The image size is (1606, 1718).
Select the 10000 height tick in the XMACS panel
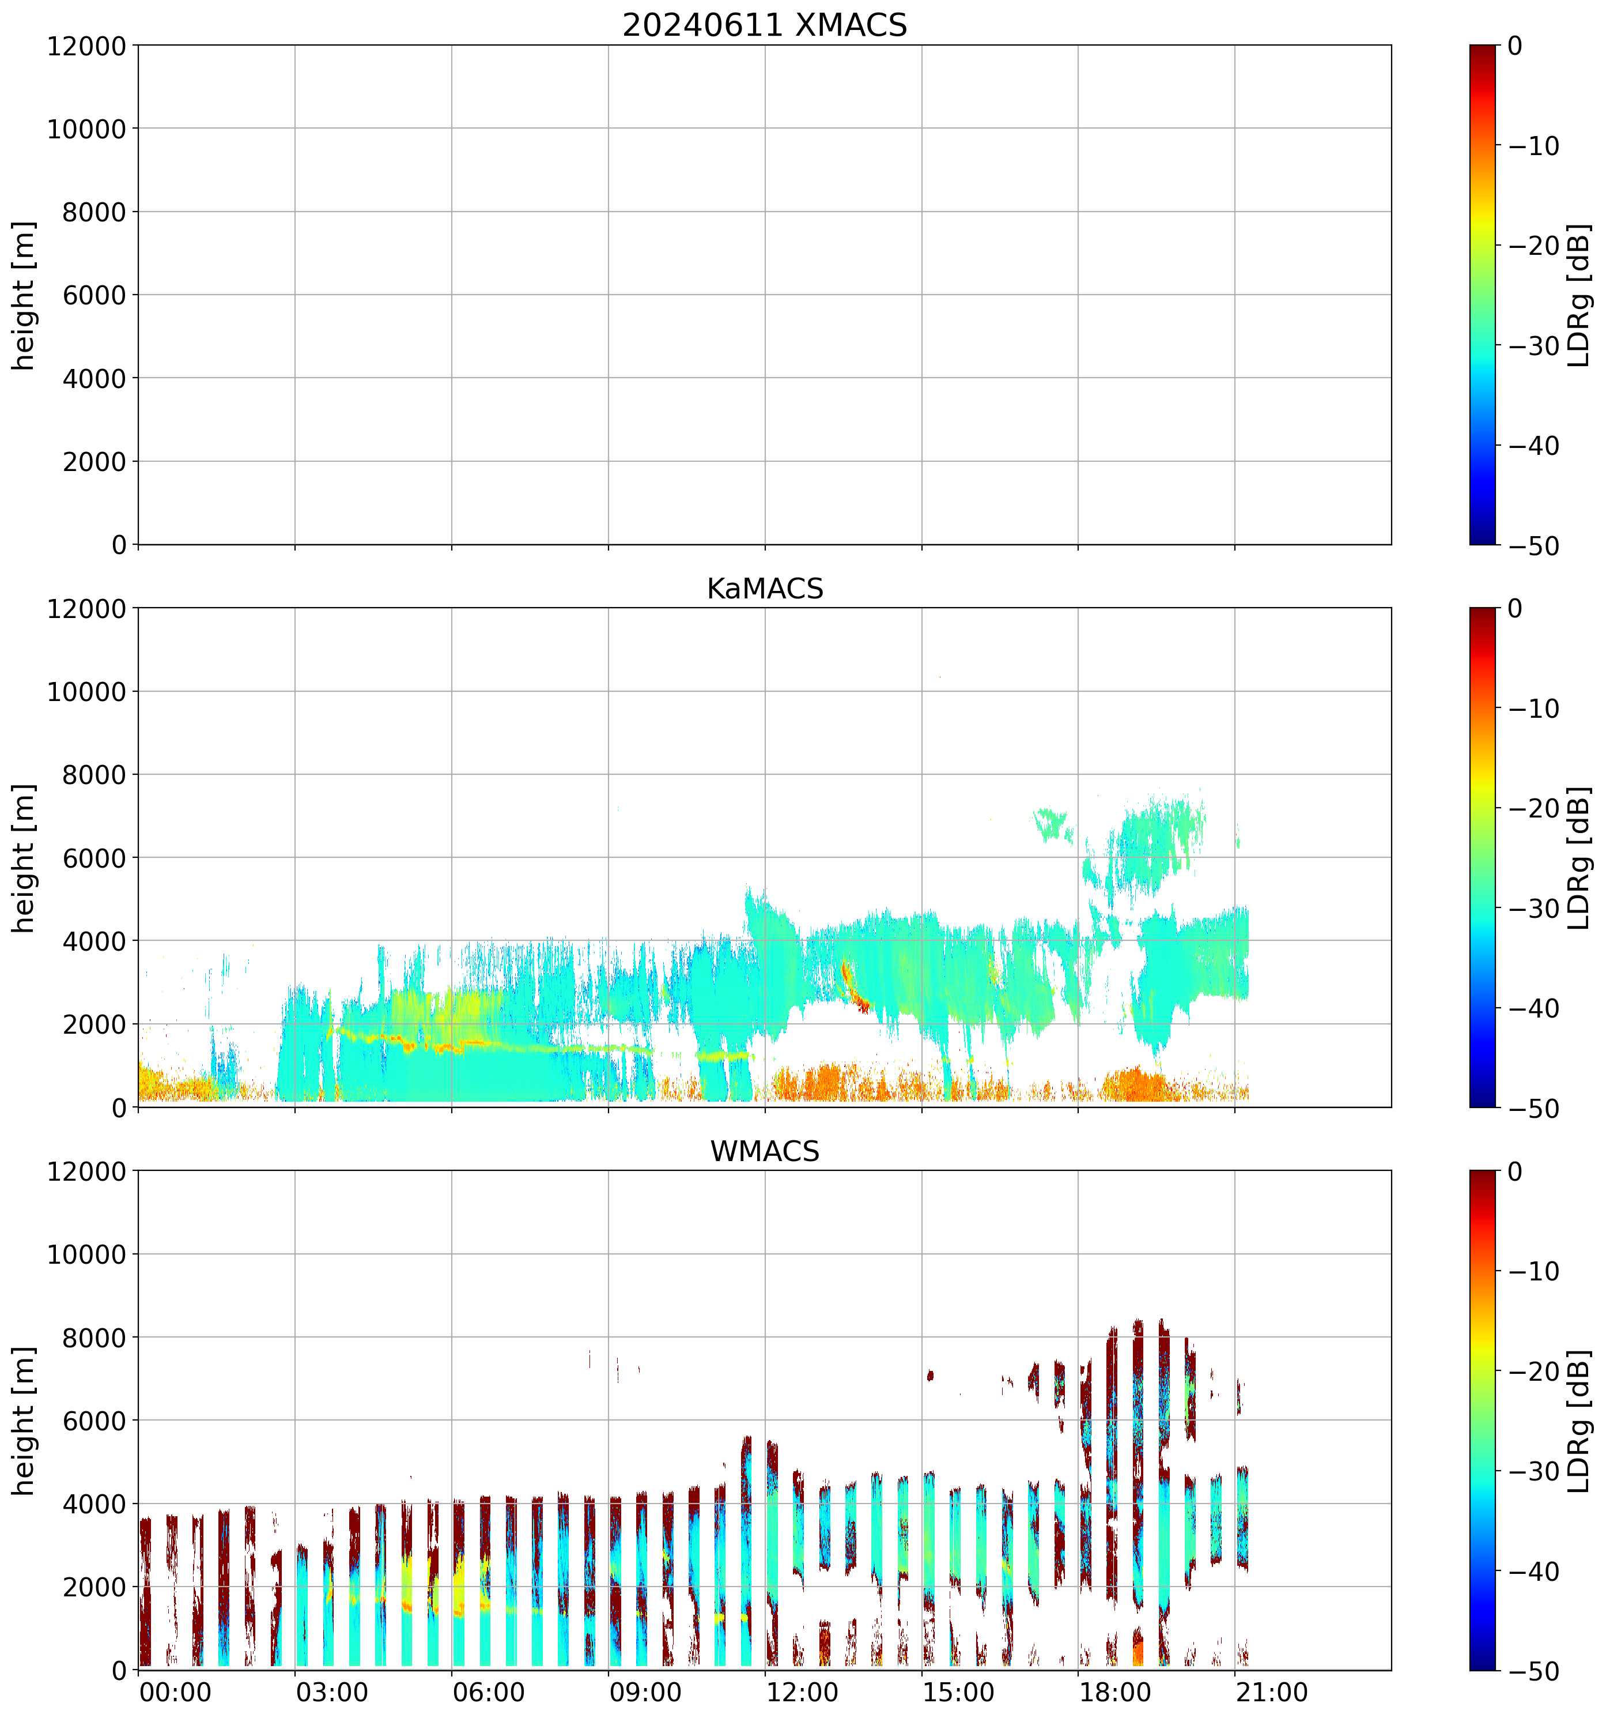[x=86, y=129]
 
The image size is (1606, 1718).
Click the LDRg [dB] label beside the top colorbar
[x=1578, y=295]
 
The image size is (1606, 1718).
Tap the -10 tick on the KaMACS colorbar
[x=1535, y=709]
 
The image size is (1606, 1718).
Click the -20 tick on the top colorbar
[x=1535, y=246]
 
